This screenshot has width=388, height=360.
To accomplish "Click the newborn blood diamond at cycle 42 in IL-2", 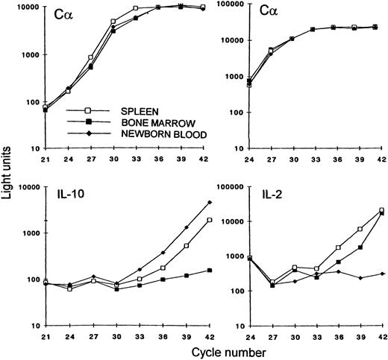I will tap(383, 274).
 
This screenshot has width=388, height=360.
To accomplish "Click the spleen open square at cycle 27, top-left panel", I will tap(90, 57).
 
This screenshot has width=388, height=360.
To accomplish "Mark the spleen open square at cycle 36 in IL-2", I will tap(338, 247).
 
